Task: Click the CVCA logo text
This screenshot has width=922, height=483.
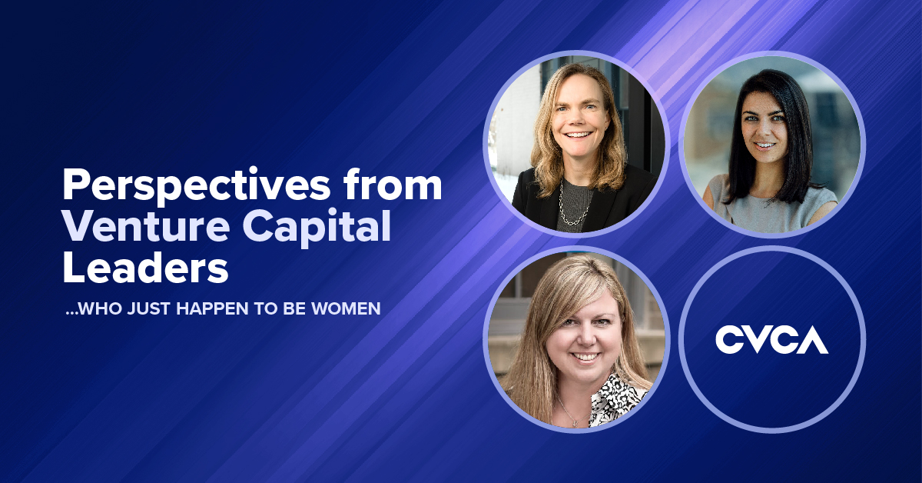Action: point(771,339)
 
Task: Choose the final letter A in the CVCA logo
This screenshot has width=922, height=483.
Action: point(814,339)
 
